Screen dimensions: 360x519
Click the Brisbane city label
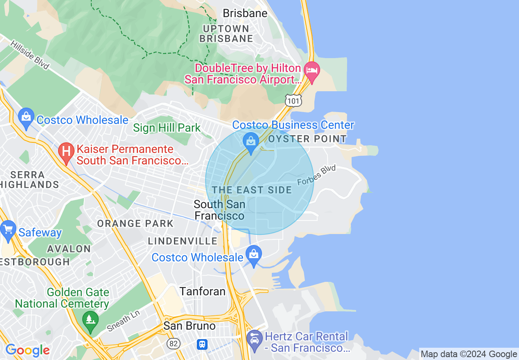pos(245,13)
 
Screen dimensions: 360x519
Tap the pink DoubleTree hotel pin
pos(312,72)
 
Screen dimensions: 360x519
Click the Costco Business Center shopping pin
pos(250,142)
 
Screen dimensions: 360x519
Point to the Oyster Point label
pos(307,139)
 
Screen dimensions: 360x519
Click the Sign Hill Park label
pos(167,128)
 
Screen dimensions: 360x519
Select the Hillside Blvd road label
pos(29,55)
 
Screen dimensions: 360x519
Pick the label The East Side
pos(252,190)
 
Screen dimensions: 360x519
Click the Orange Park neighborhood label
pos(135,224)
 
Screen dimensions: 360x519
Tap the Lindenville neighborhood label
pos(183,241)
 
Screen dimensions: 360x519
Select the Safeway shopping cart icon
pos(8,230)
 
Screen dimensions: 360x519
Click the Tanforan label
pos(203,291)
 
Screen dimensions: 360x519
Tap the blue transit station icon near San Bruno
pos(202,344)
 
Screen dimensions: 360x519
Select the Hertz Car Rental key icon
pos(254,339)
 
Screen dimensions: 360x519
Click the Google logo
pos(27,350)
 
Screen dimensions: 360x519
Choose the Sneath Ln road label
pos(123,321)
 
